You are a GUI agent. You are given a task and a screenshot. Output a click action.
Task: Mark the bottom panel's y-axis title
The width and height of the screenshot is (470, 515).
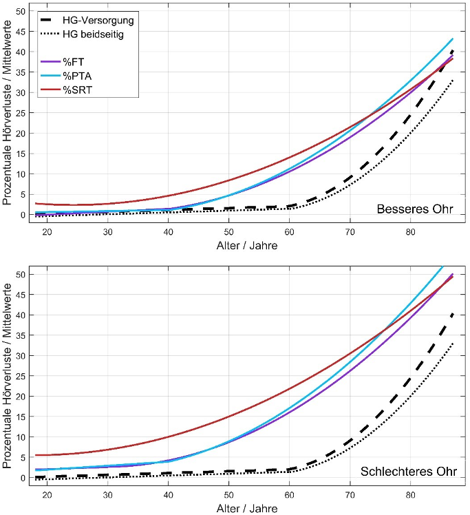tap(8, 375)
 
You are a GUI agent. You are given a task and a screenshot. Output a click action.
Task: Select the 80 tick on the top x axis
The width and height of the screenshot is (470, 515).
tap(411, 232)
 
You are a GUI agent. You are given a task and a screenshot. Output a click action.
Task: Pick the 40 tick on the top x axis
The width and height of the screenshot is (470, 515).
tap(169, 232)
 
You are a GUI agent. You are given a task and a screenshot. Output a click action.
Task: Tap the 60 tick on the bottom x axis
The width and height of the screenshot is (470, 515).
tap(290, 494)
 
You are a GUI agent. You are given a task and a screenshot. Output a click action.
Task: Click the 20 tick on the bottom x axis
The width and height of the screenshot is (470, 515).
tap(47, 494)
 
